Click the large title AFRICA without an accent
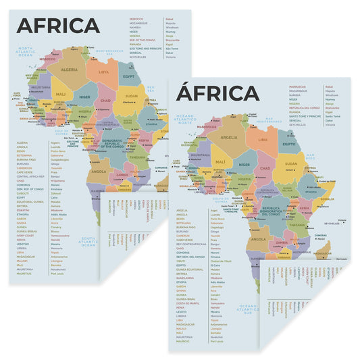click(58, 26)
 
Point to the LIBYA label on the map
click(104, 71)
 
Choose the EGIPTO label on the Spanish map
click(289, 144)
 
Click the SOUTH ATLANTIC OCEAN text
click(89, 242)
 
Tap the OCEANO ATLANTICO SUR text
click(250, 309)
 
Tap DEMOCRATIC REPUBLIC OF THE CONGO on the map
click(112, 143)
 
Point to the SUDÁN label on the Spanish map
click(290, 163)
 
